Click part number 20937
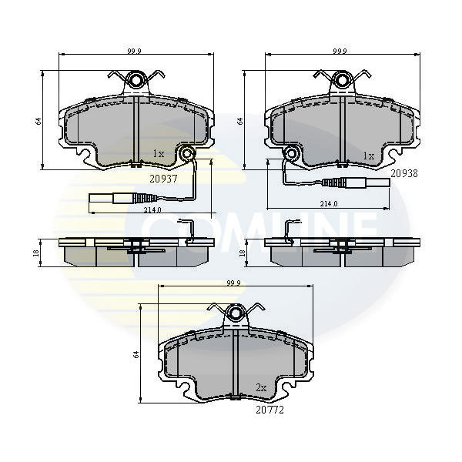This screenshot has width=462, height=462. pos(163,179)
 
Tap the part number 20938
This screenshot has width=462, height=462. pos(404,173)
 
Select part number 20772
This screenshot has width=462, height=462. pos(269,410)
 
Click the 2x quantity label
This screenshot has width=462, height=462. pos(261,388)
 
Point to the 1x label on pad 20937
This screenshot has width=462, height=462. pos(159,153)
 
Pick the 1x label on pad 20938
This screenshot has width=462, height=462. pos(369,156)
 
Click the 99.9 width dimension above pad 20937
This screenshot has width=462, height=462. pos(134,51)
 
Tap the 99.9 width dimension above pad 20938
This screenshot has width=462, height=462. pos(340,51)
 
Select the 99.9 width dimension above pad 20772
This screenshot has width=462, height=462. pos(233,283)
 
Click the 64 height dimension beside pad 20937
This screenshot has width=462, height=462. pos(38,121)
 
